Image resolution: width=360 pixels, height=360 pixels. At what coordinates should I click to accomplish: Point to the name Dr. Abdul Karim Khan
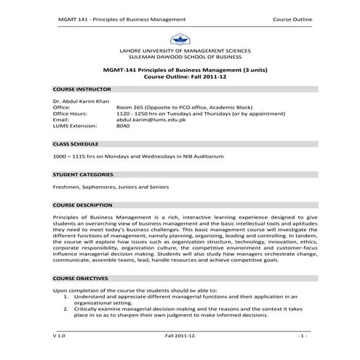pos(82,101)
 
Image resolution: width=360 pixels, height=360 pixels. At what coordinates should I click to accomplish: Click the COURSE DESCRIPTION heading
pos(82,206)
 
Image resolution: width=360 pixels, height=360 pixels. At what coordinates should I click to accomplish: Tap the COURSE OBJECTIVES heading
pos(81,279)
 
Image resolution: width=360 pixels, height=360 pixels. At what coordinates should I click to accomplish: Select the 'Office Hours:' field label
pos(70,113)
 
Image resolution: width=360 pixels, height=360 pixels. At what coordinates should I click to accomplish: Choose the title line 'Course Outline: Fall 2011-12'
pos(179,76)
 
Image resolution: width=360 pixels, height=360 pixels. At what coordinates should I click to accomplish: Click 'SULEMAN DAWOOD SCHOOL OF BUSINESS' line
pos(179,56)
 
